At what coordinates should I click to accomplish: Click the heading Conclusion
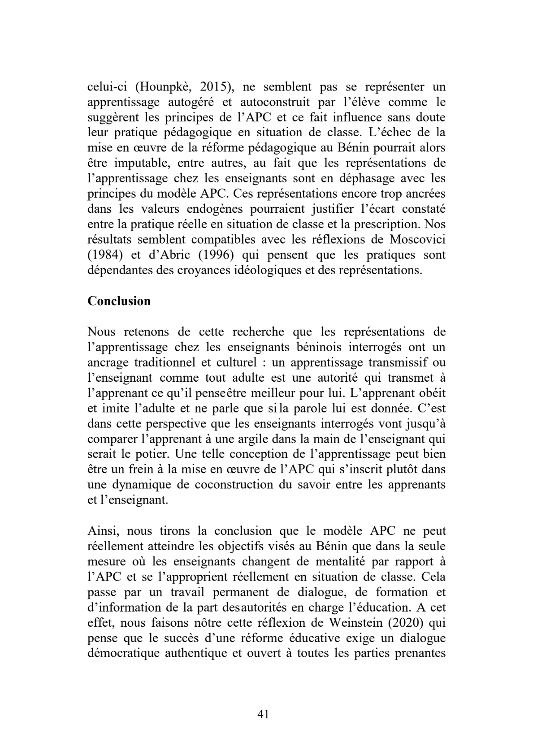[x=119, y=301]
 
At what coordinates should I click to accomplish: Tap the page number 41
[x=264, y=714]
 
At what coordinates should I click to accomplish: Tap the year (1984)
[x=104, y=255]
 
